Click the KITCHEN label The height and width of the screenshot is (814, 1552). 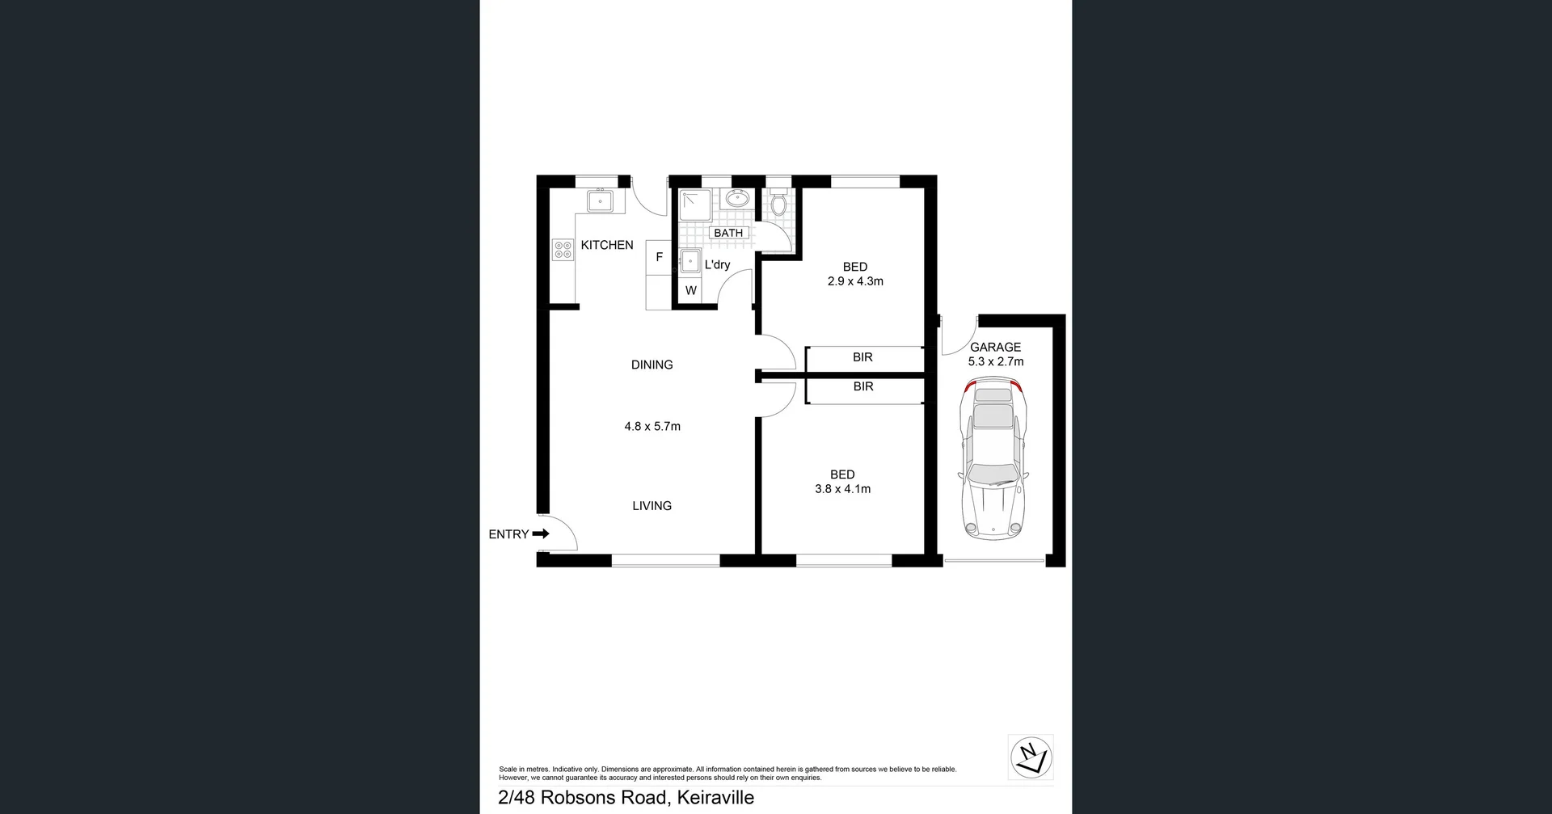click(x=606, y=245)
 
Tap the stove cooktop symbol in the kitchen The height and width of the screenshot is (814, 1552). click(x=563, y=250)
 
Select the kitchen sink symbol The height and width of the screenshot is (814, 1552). click(x=600, y=200)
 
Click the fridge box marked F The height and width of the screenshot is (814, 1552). click(x=659, y=257)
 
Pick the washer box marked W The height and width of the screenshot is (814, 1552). click(x=690, y=290)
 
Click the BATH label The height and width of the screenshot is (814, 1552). click(x=727, y=233)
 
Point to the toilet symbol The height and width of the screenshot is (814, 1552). click(x=778, y=203)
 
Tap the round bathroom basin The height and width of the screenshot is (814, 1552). click(x=736, y=197)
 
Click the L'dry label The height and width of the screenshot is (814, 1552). click(x=717, y=264)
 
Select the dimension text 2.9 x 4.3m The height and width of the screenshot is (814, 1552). click(x=855, y=281)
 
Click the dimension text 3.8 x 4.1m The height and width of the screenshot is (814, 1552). click(x=842, y=489)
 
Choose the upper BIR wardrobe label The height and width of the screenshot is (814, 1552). click(x=862, y=357)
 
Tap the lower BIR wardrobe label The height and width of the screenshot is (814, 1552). click(x=863, y=386)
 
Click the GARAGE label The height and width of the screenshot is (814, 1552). click(x=995, y=347)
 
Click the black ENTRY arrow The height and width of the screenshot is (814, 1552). click(x=541, y=534)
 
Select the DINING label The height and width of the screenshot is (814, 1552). click(x=652, y=365)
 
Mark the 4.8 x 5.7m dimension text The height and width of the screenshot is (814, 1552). click(x=652, y=426)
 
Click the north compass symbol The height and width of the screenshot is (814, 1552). click(x=1031, y=757)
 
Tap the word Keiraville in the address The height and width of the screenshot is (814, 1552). click(x=715, y=797)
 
